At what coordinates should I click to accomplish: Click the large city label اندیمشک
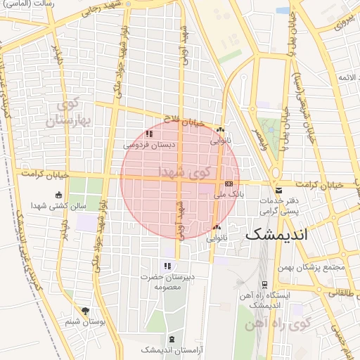pos(278,234)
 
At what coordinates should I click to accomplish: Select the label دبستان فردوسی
pos(149,145)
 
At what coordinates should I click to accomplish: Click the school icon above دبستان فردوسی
pos(148,134)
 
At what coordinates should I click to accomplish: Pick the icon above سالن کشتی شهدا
pos(58,195)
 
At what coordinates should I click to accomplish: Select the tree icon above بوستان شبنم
pos(86,310)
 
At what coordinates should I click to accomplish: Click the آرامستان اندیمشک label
pos(167,349)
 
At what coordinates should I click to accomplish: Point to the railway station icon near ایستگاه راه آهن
pos(264,285)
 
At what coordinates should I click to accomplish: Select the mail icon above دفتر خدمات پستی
pos(279,191)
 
